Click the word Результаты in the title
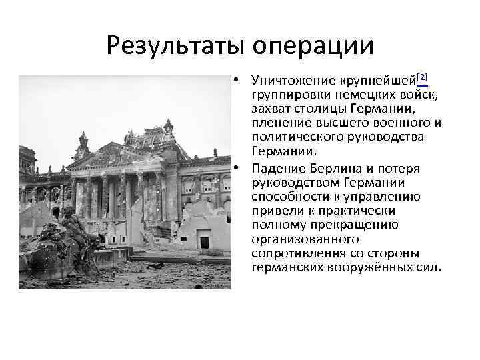(x=177, y=46)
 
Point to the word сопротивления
(x=294, y=254)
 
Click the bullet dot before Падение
(x=237, y=167)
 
